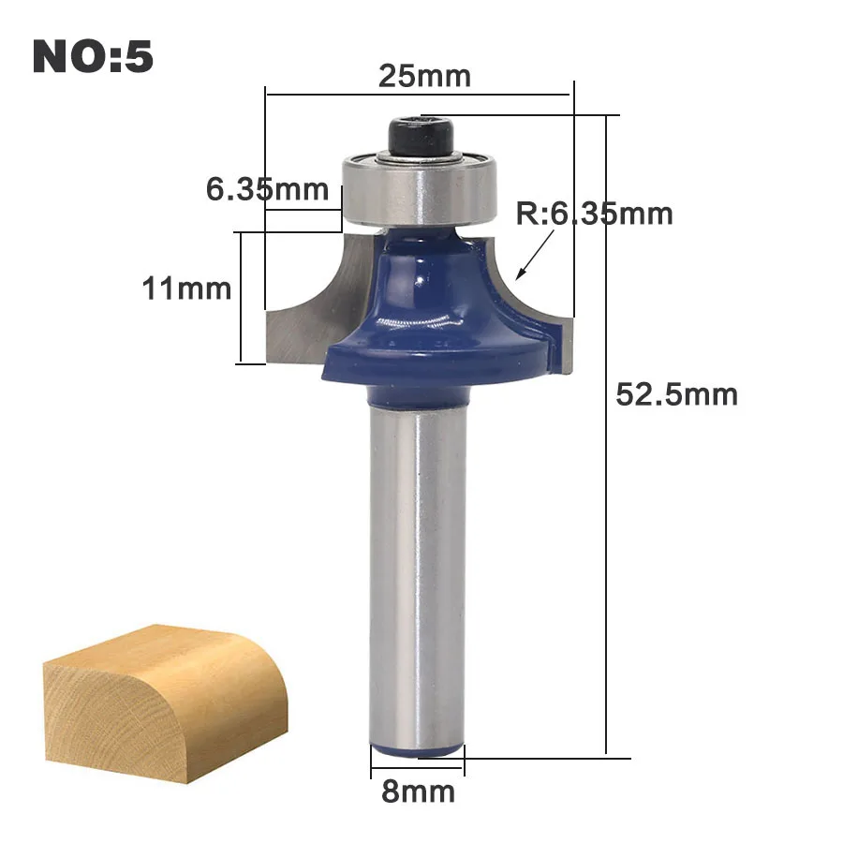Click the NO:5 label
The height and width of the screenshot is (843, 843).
[93, 56]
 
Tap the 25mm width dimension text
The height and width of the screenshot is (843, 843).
[424, 76]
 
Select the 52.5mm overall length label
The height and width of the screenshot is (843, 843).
[676, 394]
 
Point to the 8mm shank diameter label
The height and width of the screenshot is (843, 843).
[419, 791]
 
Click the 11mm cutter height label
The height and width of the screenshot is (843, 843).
[186, 288]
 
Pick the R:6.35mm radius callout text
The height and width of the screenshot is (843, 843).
[594, 214]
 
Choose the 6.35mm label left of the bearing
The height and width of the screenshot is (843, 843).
[267, 189]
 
